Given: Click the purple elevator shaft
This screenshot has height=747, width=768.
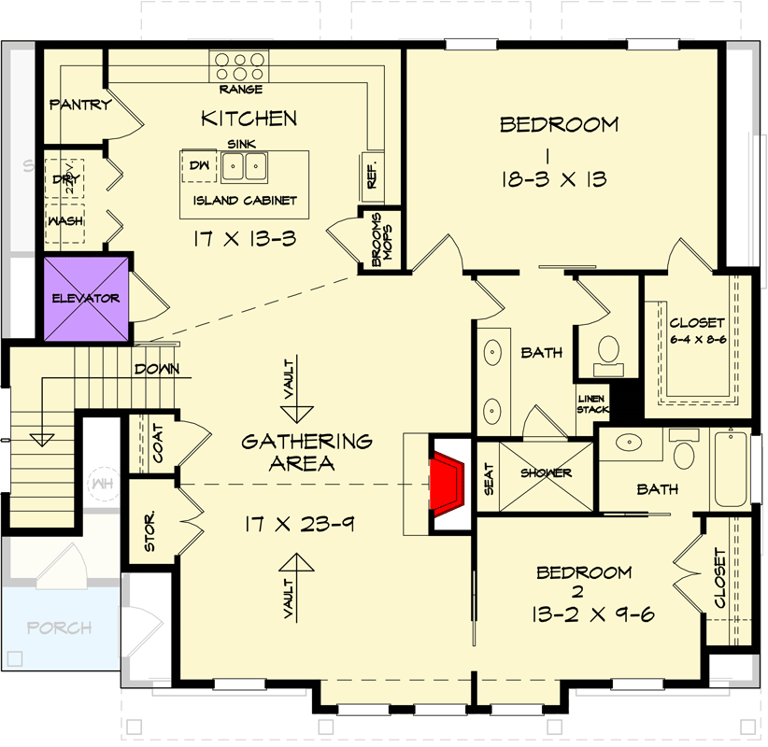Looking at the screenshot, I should (x=87, y=299).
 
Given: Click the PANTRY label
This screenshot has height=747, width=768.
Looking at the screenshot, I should (x=80, y=105).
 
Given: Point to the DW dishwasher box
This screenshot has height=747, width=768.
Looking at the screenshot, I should (x=198, y=164).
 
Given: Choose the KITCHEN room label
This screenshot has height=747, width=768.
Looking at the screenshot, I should (x=249, y=119).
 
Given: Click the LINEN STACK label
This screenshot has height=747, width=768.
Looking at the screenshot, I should (x=592, y=403).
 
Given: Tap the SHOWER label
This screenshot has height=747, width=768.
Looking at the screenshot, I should (x=547, y=473).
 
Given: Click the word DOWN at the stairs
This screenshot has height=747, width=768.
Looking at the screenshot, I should (x=157, y=369).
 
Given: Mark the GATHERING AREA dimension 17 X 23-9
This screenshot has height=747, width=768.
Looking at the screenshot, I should (x=295, y=524).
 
